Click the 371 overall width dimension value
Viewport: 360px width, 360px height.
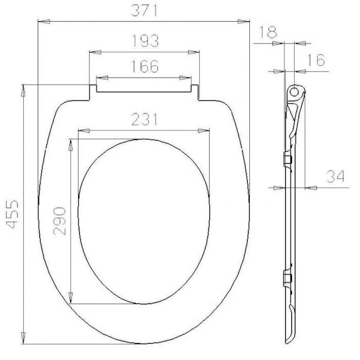(x=145, y=10)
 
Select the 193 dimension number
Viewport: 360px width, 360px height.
(x=146, y=41)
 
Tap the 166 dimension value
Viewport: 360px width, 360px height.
(x=145, y=66)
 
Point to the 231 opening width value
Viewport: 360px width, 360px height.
(x=145, y=119)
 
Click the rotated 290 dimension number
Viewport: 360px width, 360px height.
(x=60, y=221)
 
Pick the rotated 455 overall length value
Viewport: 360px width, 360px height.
(x=12, y=214)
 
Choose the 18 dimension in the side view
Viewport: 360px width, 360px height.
(x=268, y=32)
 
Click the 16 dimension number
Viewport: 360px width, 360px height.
(x=316, y=60)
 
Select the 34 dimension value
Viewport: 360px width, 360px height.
(x=335, y=176)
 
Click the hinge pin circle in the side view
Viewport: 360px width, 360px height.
(x=294, y=92)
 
